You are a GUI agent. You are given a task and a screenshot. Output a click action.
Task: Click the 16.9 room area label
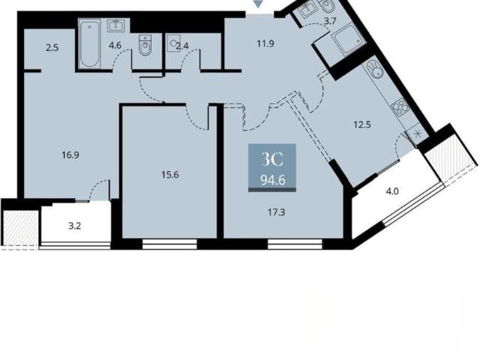click(70, 155)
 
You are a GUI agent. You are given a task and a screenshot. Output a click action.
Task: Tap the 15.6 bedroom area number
click(170, 175)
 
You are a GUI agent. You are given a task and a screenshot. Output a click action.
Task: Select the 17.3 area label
click(277, 212)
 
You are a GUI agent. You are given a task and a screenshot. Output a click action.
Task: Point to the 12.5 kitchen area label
click(362, 125)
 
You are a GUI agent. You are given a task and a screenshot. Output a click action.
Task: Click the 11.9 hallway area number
click(265, 43)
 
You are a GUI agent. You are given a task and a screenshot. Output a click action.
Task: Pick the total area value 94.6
click(273, 181)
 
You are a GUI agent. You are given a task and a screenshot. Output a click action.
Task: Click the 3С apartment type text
click(272, 160)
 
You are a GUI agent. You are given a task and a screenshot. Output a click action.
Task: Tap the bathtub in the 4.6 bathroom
click(89, 43)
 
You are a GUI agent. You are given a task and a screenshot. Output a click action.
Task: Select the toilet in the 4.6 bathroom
click(145, 45)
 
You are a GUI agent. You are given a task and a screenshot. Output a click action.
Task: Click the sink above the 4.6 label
click(116, 25)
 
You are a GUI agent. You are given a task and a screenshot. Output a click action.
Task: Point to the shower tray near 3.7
click(348, 40)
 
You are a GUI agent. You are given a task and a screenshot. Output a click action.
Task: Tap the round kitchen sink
click(375, 69)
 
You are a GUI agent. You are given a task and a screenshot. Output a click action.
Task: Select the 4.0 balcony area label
click(392, 192)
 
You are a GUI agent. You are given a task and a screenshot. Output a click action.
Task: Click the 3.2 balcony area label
click(74, 226)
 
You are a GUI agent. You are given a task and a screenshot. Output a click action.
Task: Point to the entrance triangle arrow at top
click(259, 4)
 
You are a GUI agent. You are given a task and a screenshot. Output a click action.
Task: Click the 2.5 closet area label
click(52, 48)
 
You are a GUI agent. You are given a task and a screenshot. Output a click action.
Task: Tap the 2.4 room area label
click(182, 46)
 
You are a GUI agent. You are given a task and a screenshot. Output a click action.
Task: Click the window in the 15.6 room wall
click(169, 244)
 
